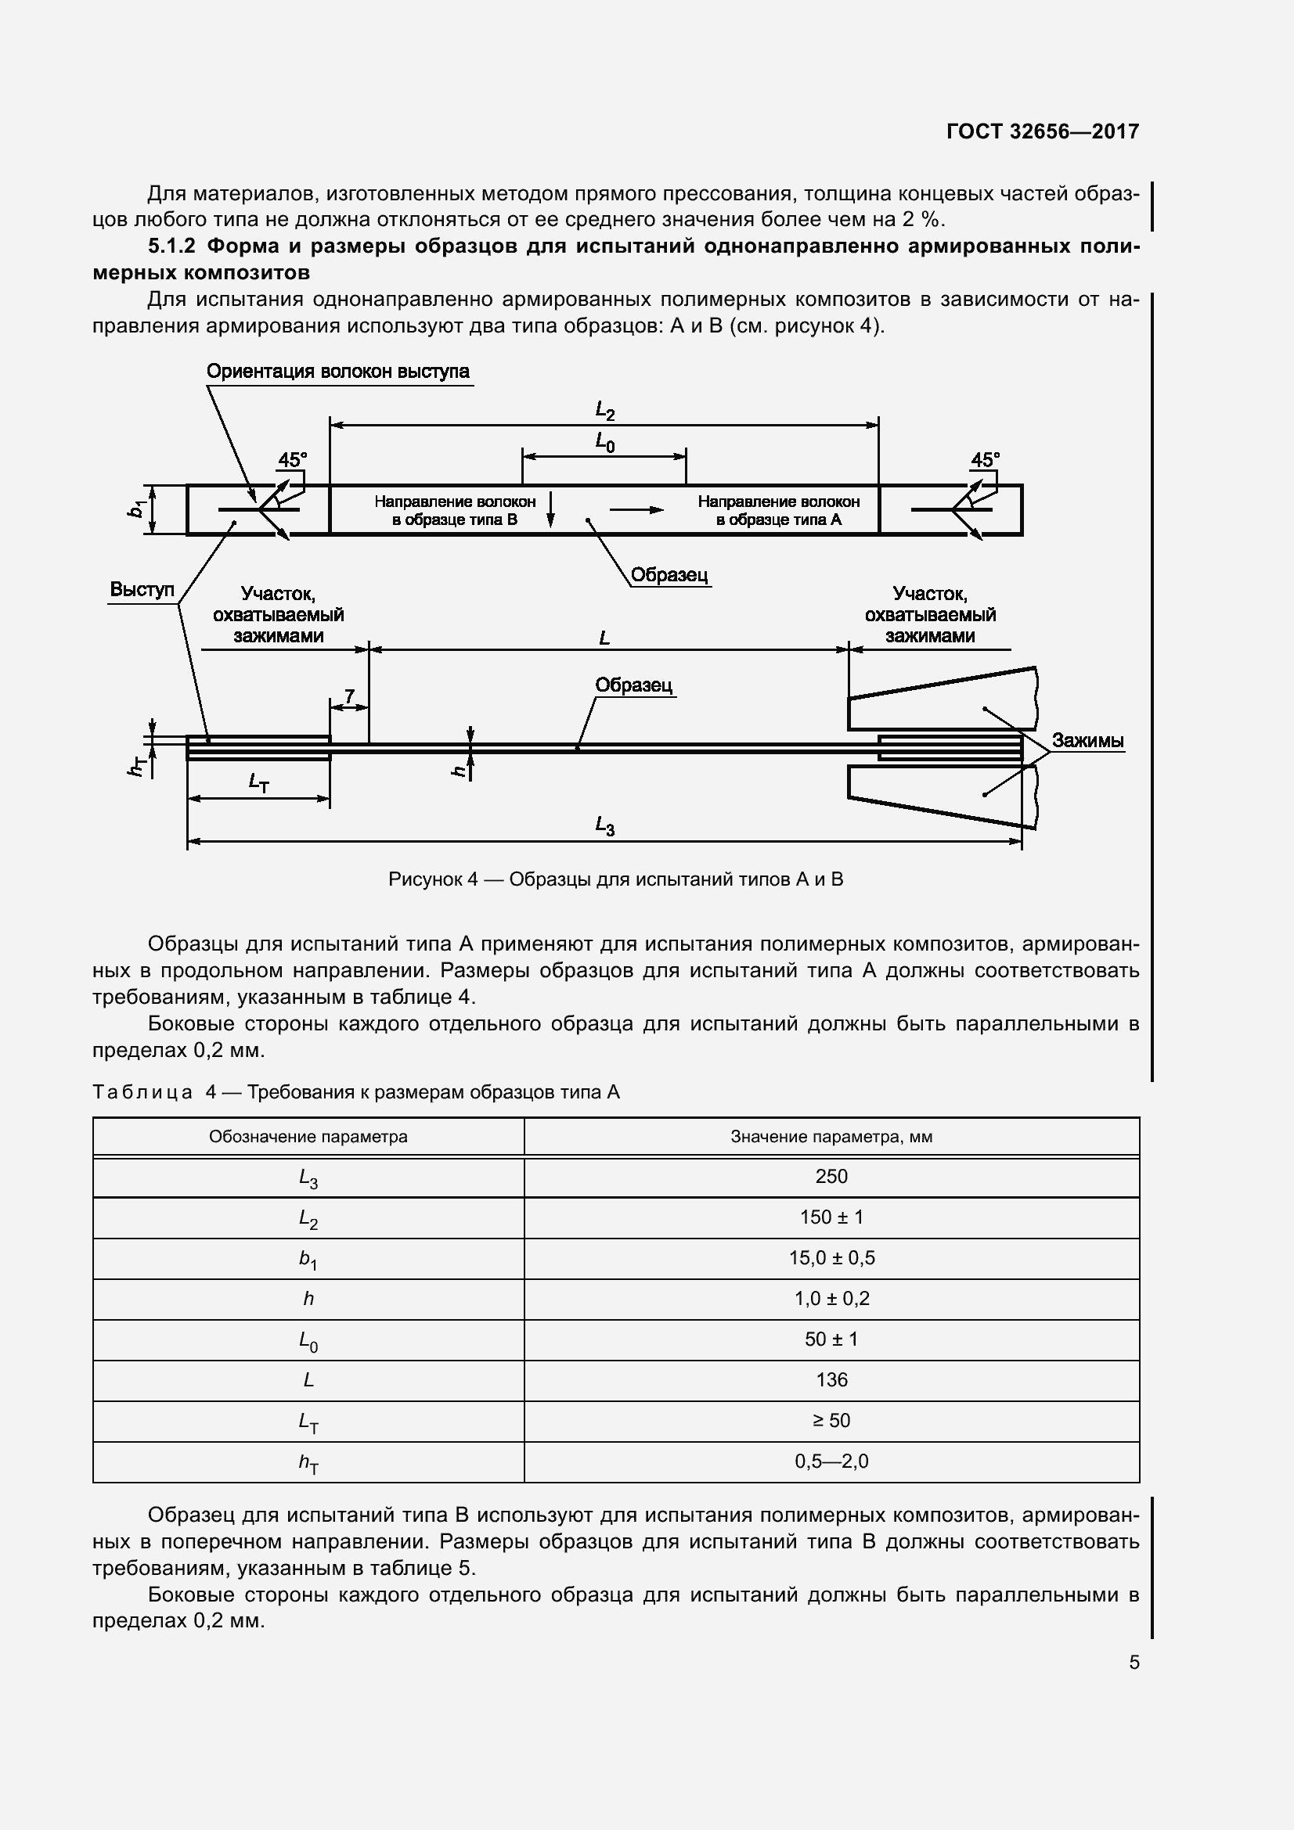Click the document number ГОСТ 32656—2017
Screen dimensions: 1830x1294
coord(1042,131)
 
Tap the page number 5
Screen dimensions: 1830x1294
coord(1134,1663)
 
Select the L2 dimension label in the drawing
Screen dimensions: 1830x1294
coord(605,412)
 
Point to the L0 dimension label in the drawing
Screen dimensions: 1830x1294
coord(605,442)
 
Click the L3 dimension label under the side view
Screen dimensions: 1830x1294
coord(605,827)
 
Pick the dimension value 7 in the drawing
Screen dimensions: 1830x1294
coord(350,696)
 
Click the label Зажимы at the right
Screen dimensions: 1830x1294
coord(1087,740)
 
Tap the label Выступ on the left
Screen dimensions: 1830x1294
coord(142,590)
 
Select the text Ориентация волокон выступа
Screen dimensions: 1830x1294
coord(338,372)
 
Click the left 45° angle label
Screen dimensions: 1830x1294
coord(292,461)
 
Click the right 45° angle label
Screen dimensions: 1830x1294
coord(985,461)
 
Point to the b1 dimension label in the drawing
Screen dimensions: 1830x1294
coord(137,509)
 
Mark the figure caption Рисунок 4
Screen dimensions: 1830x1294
coord(615,880)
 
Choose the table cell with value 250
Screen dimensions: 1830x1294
coord(831,1177)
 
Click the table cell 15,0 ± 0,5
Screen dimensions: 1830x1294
coord(831,1258)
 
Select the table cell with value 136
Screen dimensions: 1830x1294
coord(831,1379)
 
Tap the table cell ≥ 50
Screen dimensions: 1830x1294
coord(831,1420)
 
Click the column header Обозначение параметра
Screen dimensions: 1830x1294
coord(308,1137)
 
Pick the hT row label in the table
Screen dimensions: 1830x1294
coord(308,1462)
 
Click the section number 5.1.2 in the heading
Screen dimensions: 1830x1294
coord(171,246)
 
